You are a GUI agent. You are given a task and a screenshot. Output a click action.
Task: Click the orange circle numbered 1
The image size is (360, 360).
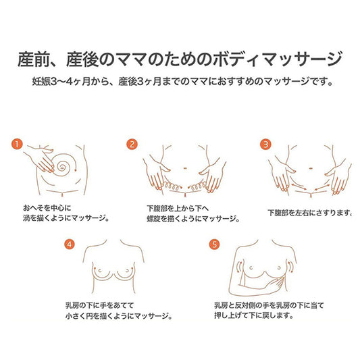(x=17, y=144)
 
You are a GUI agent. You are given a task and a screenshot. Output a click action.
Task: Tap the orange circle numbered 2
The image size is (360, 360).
(x=132, y=144)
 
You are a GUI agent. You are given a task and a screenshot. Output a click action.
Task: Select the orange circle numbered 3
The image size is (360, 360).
(x=265, y=144)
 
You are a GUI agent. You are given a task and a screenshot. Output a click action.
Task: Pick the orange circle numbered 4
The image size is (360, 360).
(x=70, y=245)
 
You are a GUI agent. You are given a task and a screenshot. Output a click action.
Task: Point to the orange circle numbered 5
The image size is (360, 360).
(x=214, y=245)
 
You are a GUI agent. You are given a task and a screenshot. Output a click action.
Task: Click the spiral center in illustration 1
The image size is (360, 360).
(x=61, y=167)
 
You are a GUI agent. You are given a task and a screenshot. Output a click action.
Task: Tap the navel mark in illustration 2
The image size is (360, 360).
(x=185, y=169)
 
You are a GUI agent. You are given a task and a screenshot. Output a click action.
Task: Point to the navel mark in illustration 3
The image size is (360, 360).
(x=311, y=169)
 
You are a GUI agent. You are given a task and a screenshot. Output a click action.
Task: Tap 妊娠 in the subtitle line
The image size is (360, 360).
(x=41, y=82)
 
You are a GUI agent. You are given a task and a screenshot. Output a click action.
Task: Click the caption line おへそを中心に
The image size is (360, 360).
(x=47, y=208)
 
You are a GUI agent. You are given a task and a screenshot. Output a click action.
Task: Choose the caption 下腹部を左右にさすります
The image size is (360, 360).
(x=309, y=213)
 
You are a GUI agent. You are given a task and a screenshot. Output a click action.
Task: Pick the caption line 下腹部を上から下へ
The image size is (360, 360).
(x=178, y=208)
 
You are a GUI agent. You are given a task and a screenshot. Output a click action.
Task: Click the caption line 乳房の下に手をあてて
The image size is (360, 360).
(x=100, y=305)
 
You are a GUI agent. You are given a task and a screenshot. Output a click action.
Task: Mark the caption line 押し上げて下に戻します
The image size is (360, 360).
(x=254, y=315)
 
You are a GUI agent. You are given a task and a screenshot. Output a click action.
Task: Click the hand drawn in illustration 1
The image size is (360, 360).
(x=39, y=159)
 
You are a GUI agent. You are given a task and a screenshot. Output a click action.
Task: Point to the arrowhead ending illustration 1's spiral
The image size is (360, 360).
(x=76, y=170)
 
